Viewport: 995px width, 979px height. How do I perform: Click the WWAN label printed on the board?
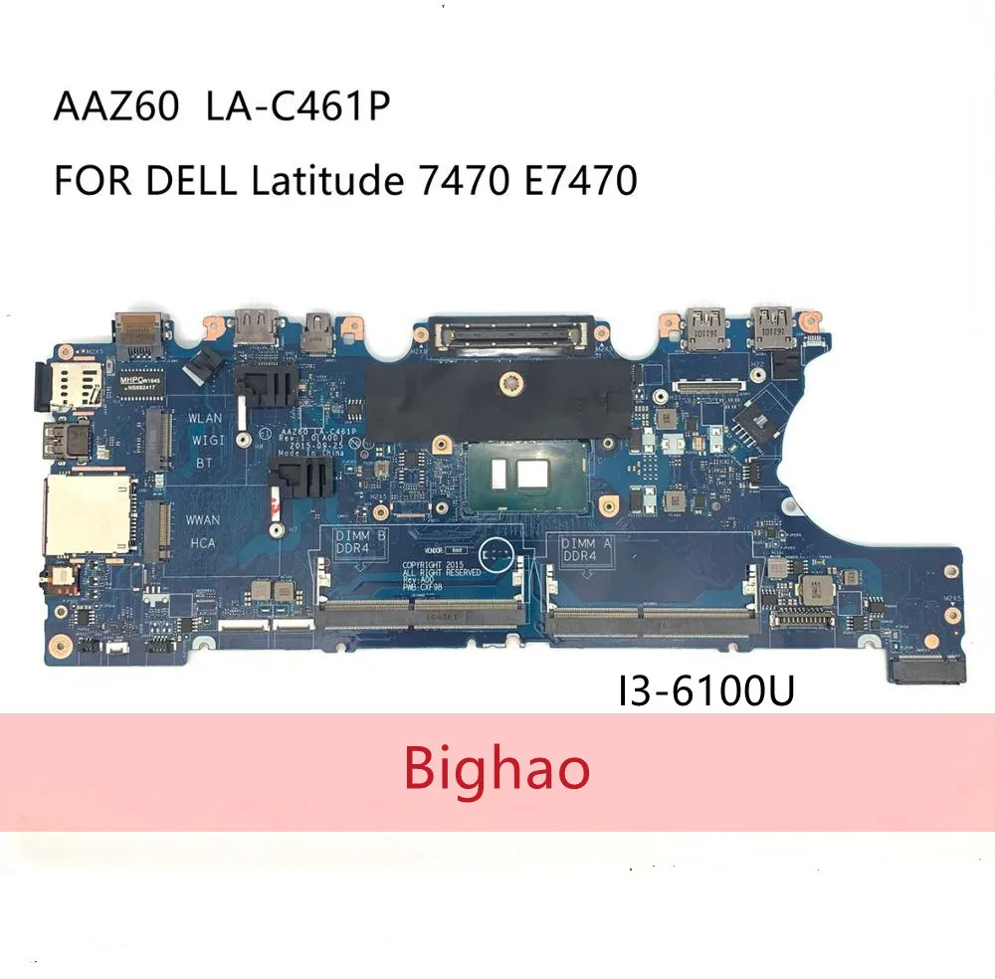(203, 519)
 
